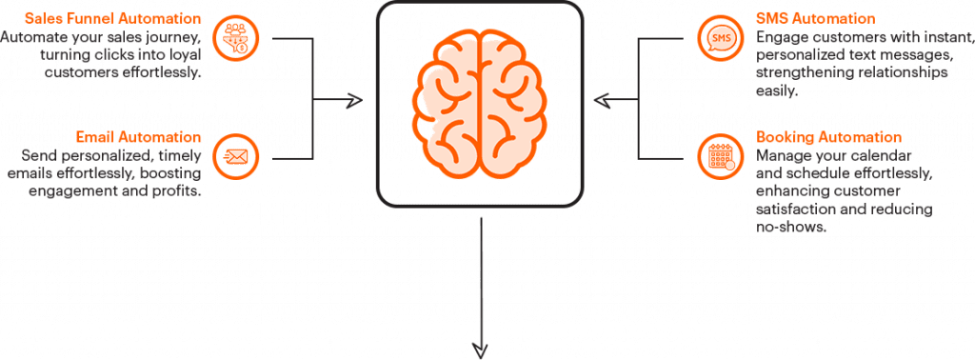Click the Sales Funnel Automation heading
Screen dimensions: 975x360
point(113,19)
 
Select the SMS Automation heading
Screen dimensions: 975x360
point(815,19)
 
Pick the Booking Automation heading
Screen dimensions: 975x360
point(828,138)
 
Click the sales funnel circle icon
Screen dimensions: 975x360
point(235,38)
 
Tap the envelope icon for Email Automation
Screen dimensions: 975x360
point(235,155)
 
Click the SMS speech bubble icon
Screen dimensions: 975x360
point(720,38)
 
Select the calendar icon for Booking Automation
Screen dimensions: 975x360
point(720,155)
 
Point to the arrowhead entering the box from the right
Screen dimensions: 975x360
point(599,98)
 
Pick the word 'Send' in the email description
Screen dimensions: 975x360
point(37,156)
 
